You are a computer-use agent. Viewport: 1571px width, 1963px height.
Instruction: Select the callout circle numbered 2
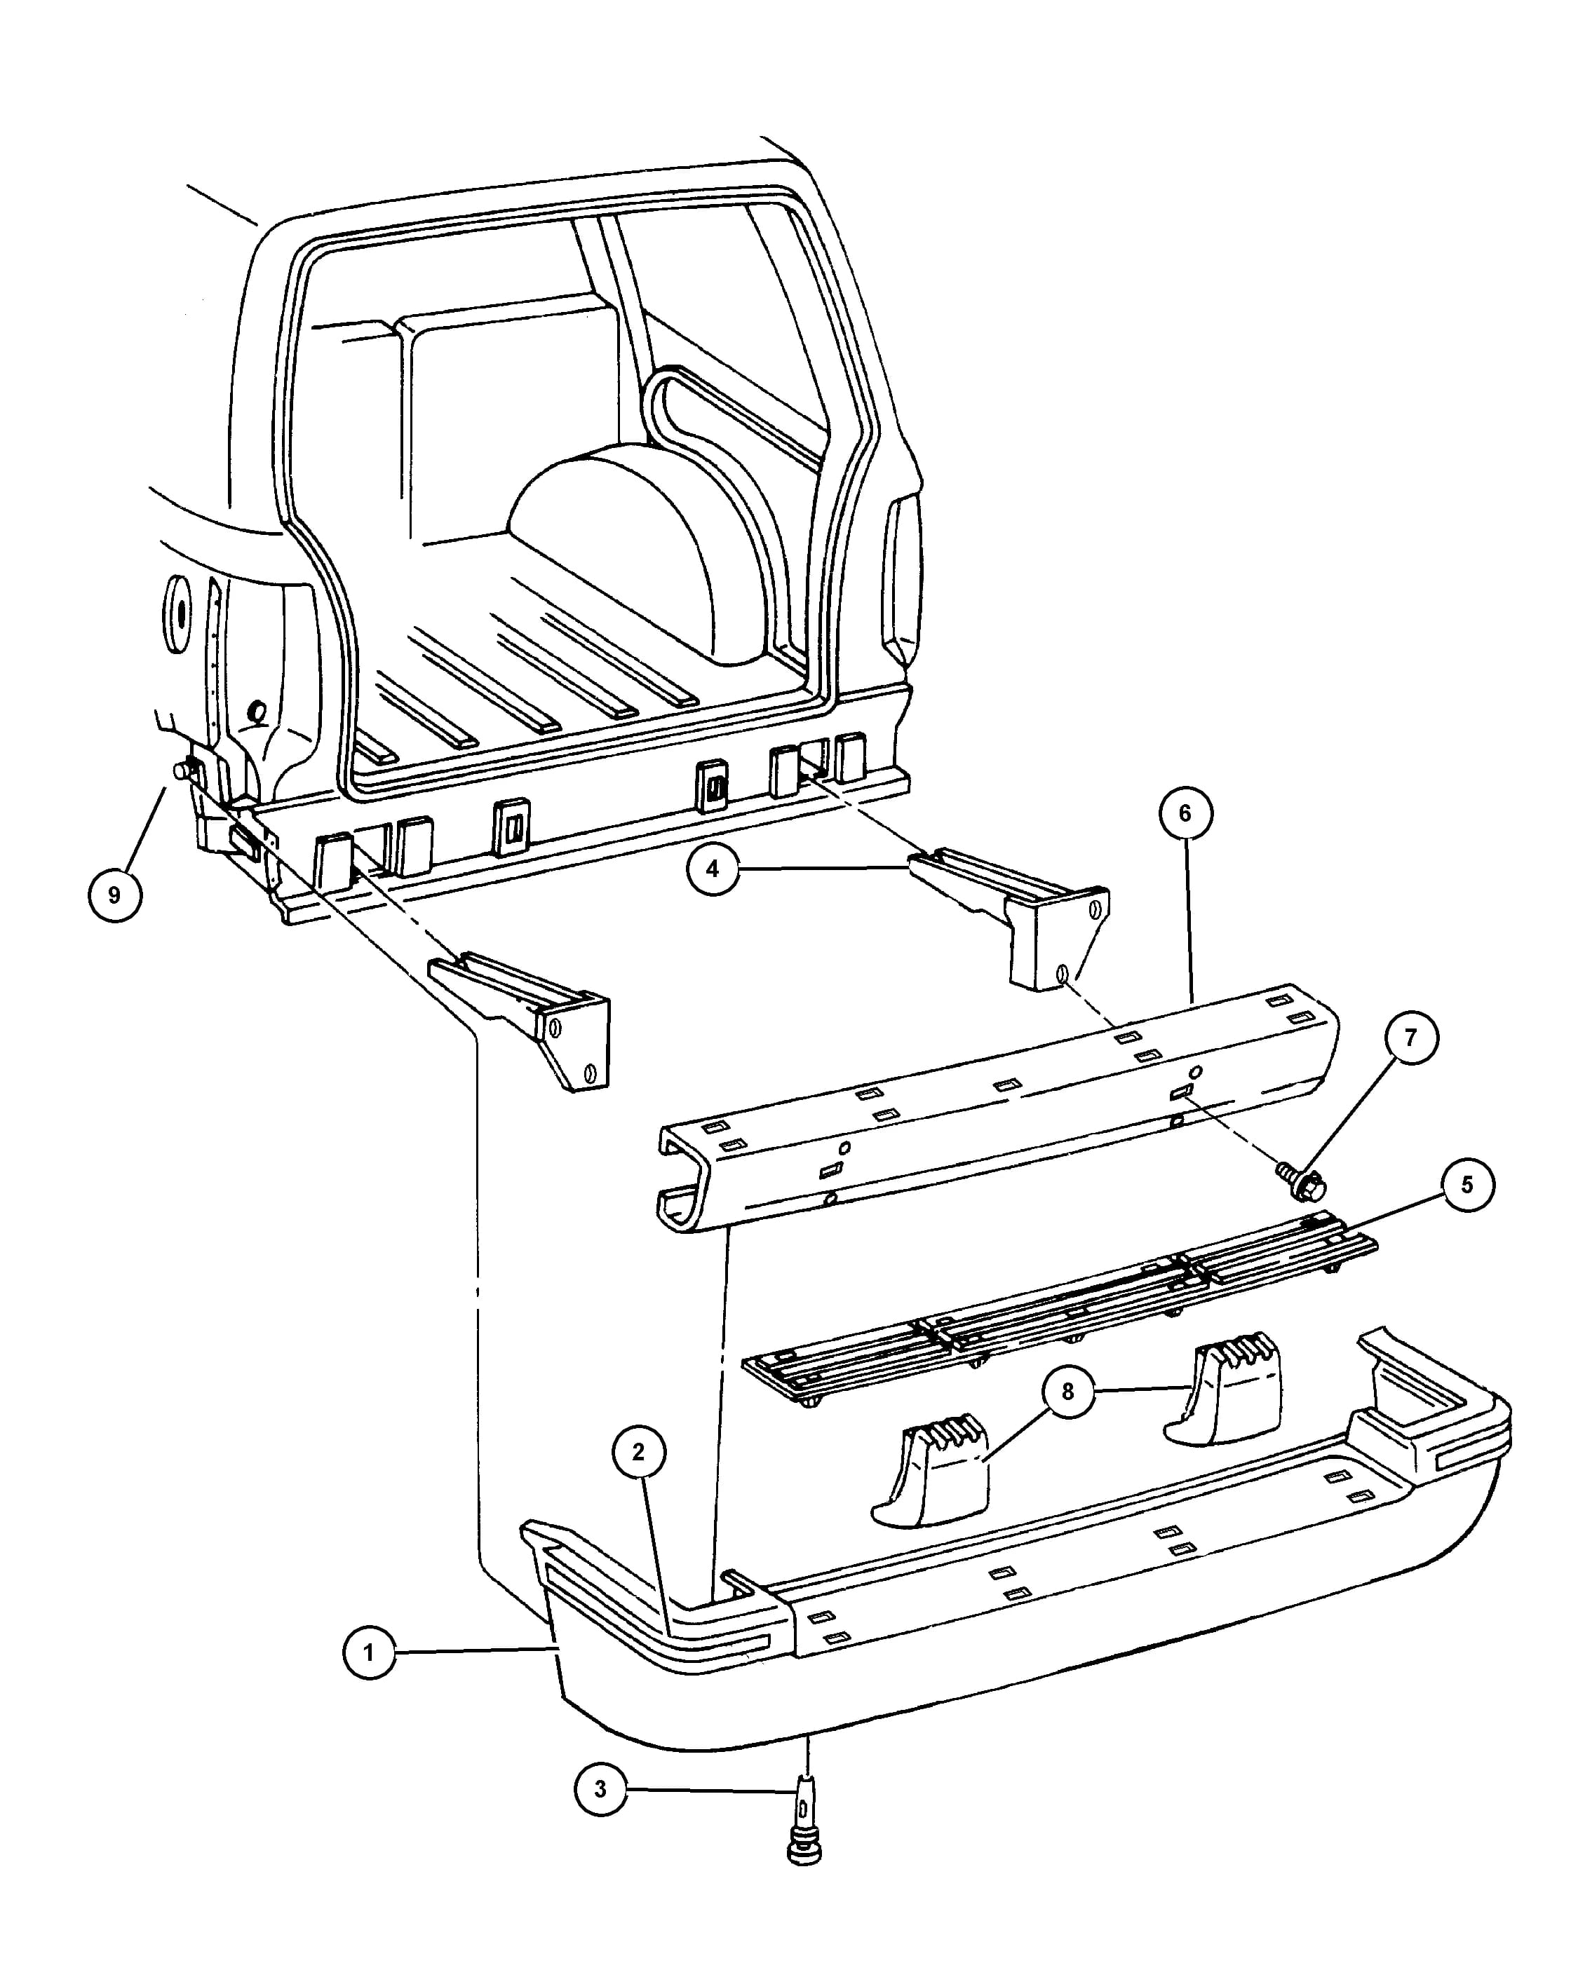click(x=638, y=1452)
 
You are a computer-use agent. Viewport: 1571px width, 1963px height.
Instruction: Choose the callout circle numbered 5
click(x=1467, y=1185)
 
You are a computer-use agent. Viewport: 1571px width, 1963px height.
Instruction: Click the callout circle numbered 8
click(x=1067, y=1391)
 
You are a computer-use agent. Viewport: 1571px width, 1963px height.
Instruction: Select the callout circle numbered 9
click(x=115, y=895)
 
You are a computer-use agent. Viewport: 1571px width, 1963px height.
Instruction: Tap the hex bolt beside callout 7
click(x=1302, y=1180)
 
